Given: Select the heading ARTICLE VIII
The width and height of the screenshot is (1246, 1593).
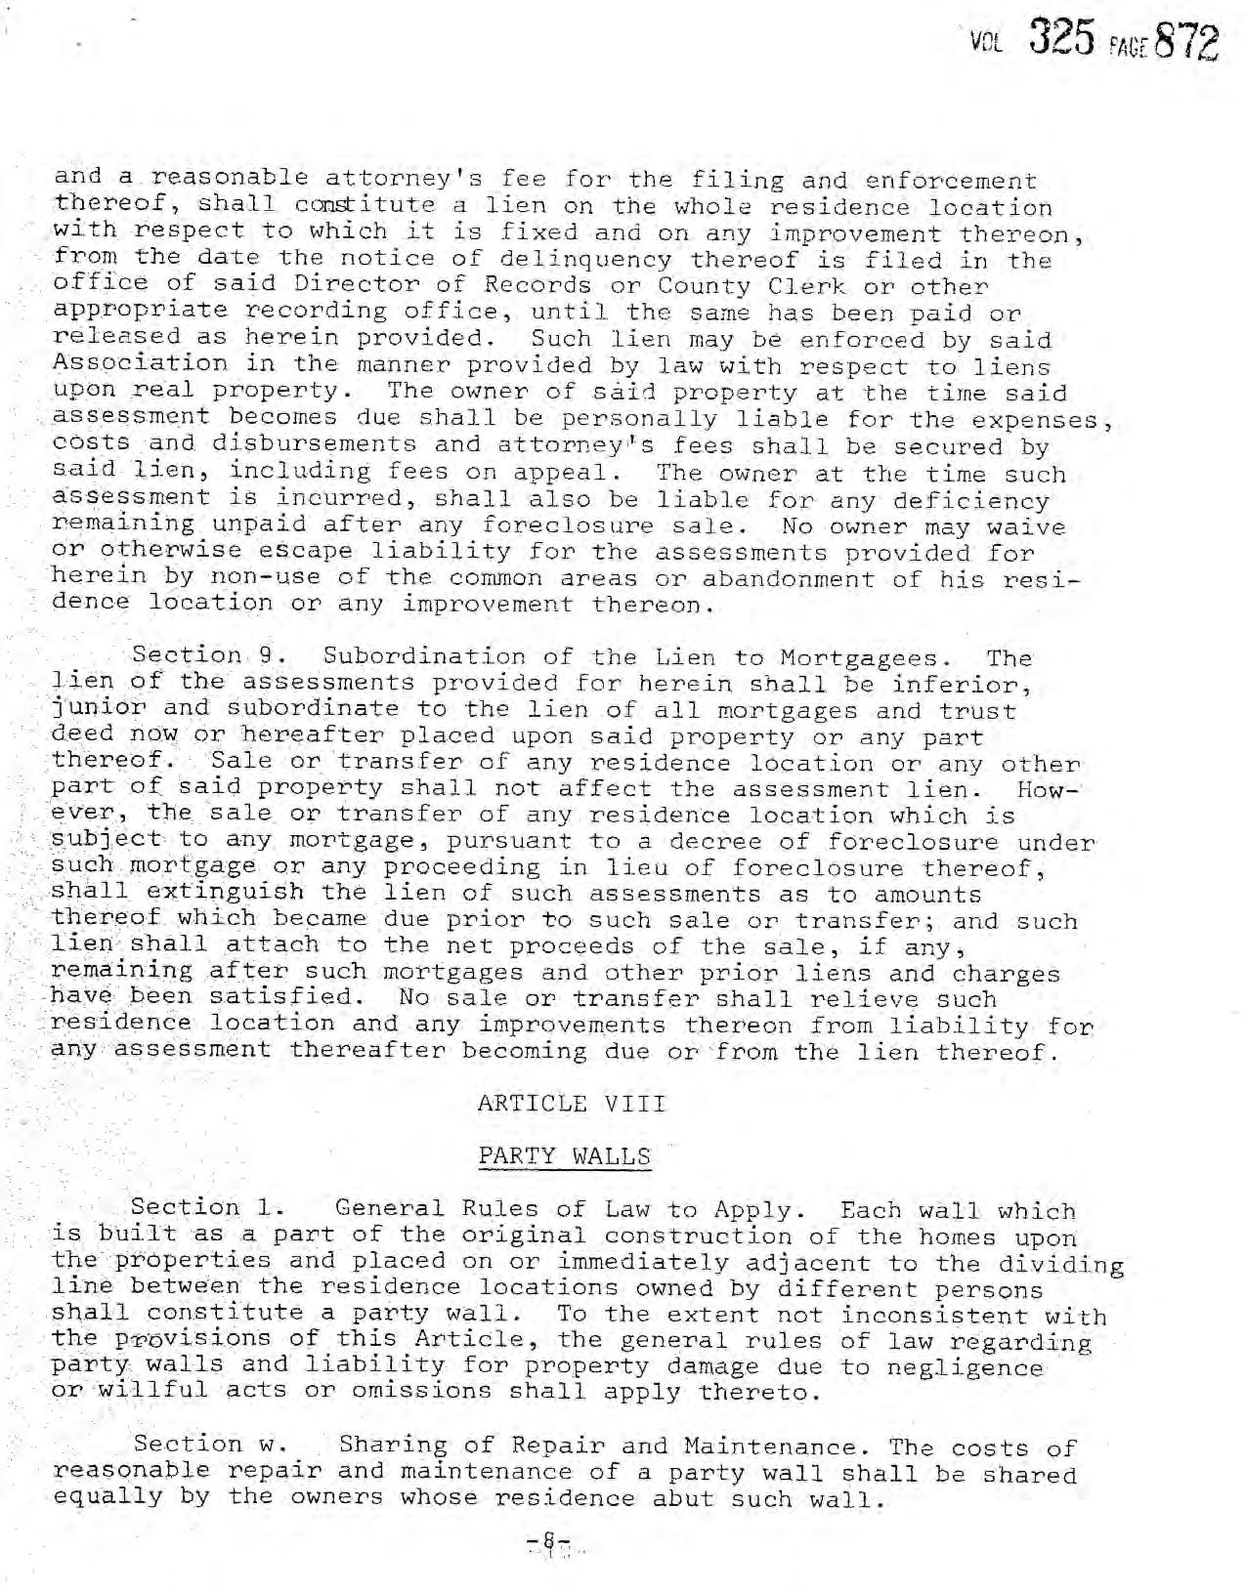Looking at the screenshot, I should pyautogui.click(x=571, y=1105).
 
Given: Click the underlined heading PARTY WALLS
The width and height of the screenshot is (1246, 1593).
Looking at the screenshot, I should pyautogui.click(x=564, y=1157).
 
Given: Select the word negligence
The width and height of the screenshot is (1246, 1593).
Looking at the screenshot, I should pyautogui.click(x=964, y=1366).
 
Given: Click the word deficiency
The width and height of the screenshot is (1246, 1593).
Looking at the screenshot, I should pyautogui.click(x=957, y=501).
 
